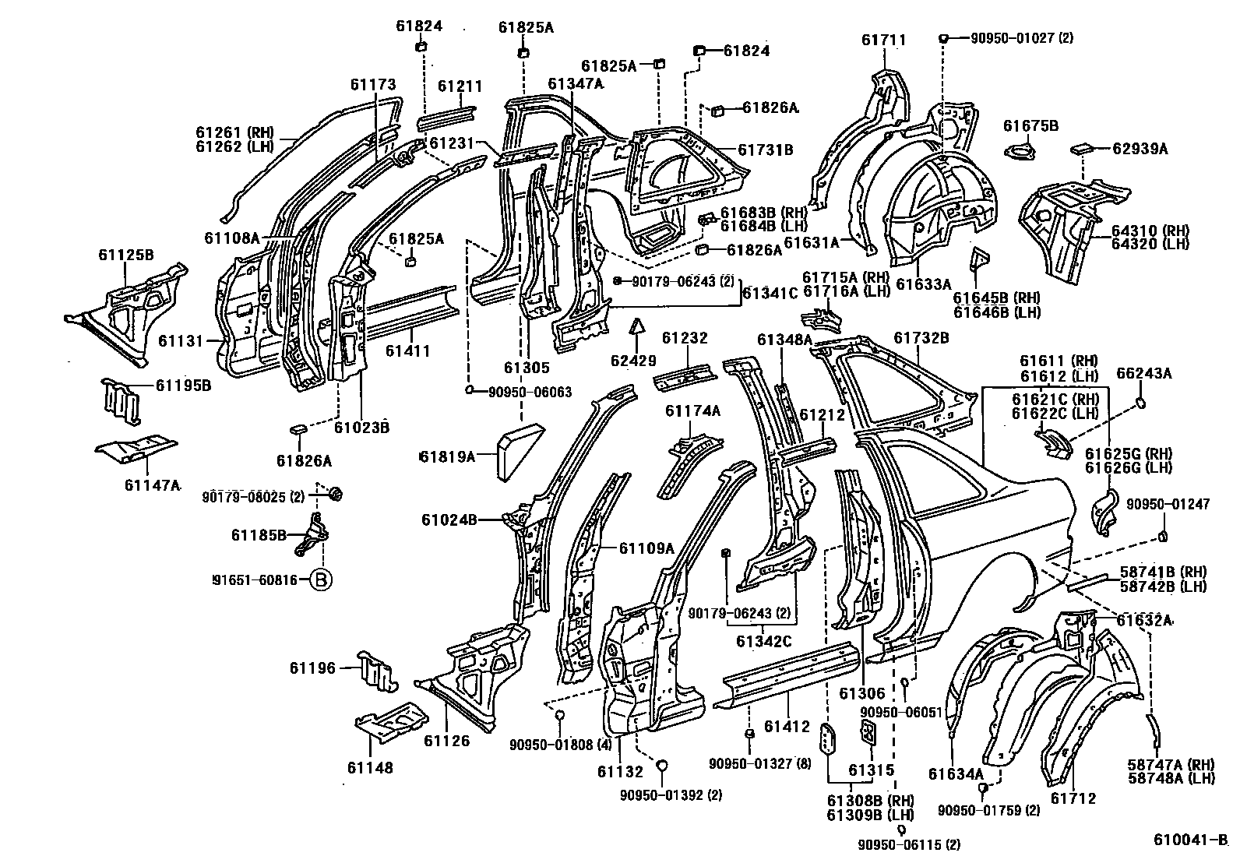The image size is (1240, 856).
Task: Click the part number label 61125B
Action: [x=125, y=254]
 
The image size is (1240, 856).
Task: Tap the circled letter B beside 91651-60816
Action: [x=321, y=579]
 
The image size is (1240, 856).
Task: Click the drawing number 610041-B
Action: [x=1189, y=841]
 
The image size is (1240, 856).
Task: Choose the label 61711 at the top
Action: [x=883, y=40]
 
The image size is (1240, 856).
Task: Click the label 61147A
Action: [x=151, y=485]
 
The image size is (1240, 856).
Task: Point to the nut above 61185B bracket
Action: [x=336, y=494]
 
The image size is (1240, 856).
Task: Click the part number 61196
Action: [x=312, y=668]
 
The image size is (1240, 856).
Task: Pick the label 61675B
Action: [x=1030, y=125]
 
